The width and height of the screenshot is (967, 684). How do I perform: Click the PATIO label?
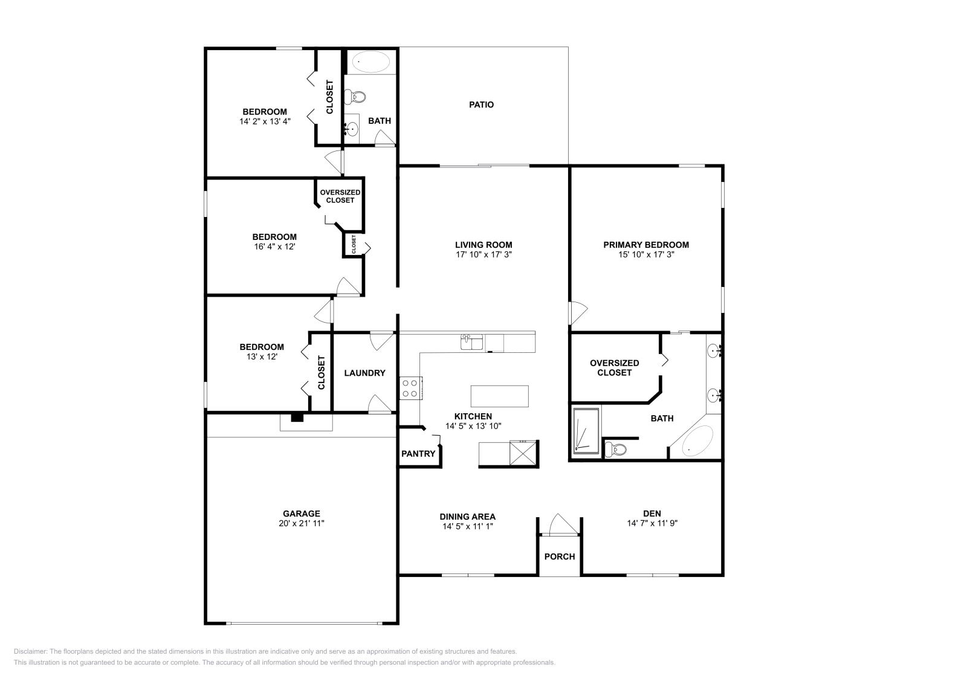[481, 105]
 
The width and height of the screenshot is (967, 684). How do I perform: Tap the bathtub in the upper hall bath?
[370, 62]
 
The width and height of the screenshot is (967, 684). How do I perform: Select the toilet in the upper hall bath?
[355, 96]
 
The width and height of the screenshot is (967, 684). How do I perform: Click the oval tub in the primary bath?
[697, 440]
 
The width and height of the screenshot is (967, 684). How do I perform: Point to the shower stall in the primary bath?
[586, 430]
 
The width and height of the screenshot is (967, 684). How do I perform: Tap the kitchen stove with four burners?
[410, 387]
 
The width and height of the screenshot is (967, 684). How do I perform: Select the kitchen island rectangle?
[499, 396]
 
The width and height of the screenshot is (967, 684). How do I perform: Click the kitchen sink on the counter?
[471, 343]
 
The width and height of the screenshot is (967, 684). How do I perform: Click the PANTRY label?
[418, 453]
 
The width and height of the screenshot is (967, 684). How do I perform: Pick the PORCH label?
[560, 557]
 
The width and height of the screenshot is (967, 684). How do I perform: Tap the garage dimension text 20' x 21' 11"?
[302, 524]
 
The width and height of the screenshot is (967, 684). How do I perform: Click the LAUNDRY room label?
[364, 373]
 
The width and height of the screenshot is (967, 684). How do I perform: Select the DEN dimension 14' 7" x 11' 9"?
[652, 524]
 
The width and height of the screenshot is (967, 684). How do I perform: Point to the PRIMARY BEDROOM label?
[646, 245]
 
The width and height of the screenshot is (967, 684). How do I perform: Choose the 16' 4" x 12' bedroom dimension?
[274, 247]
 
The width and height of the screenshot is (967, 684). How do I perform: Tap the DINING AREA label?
[467, 517]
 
